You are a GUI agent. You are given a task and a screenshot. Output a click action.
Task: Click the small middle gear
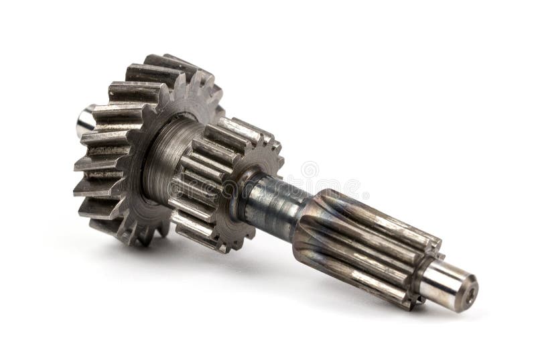(221, 181)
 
